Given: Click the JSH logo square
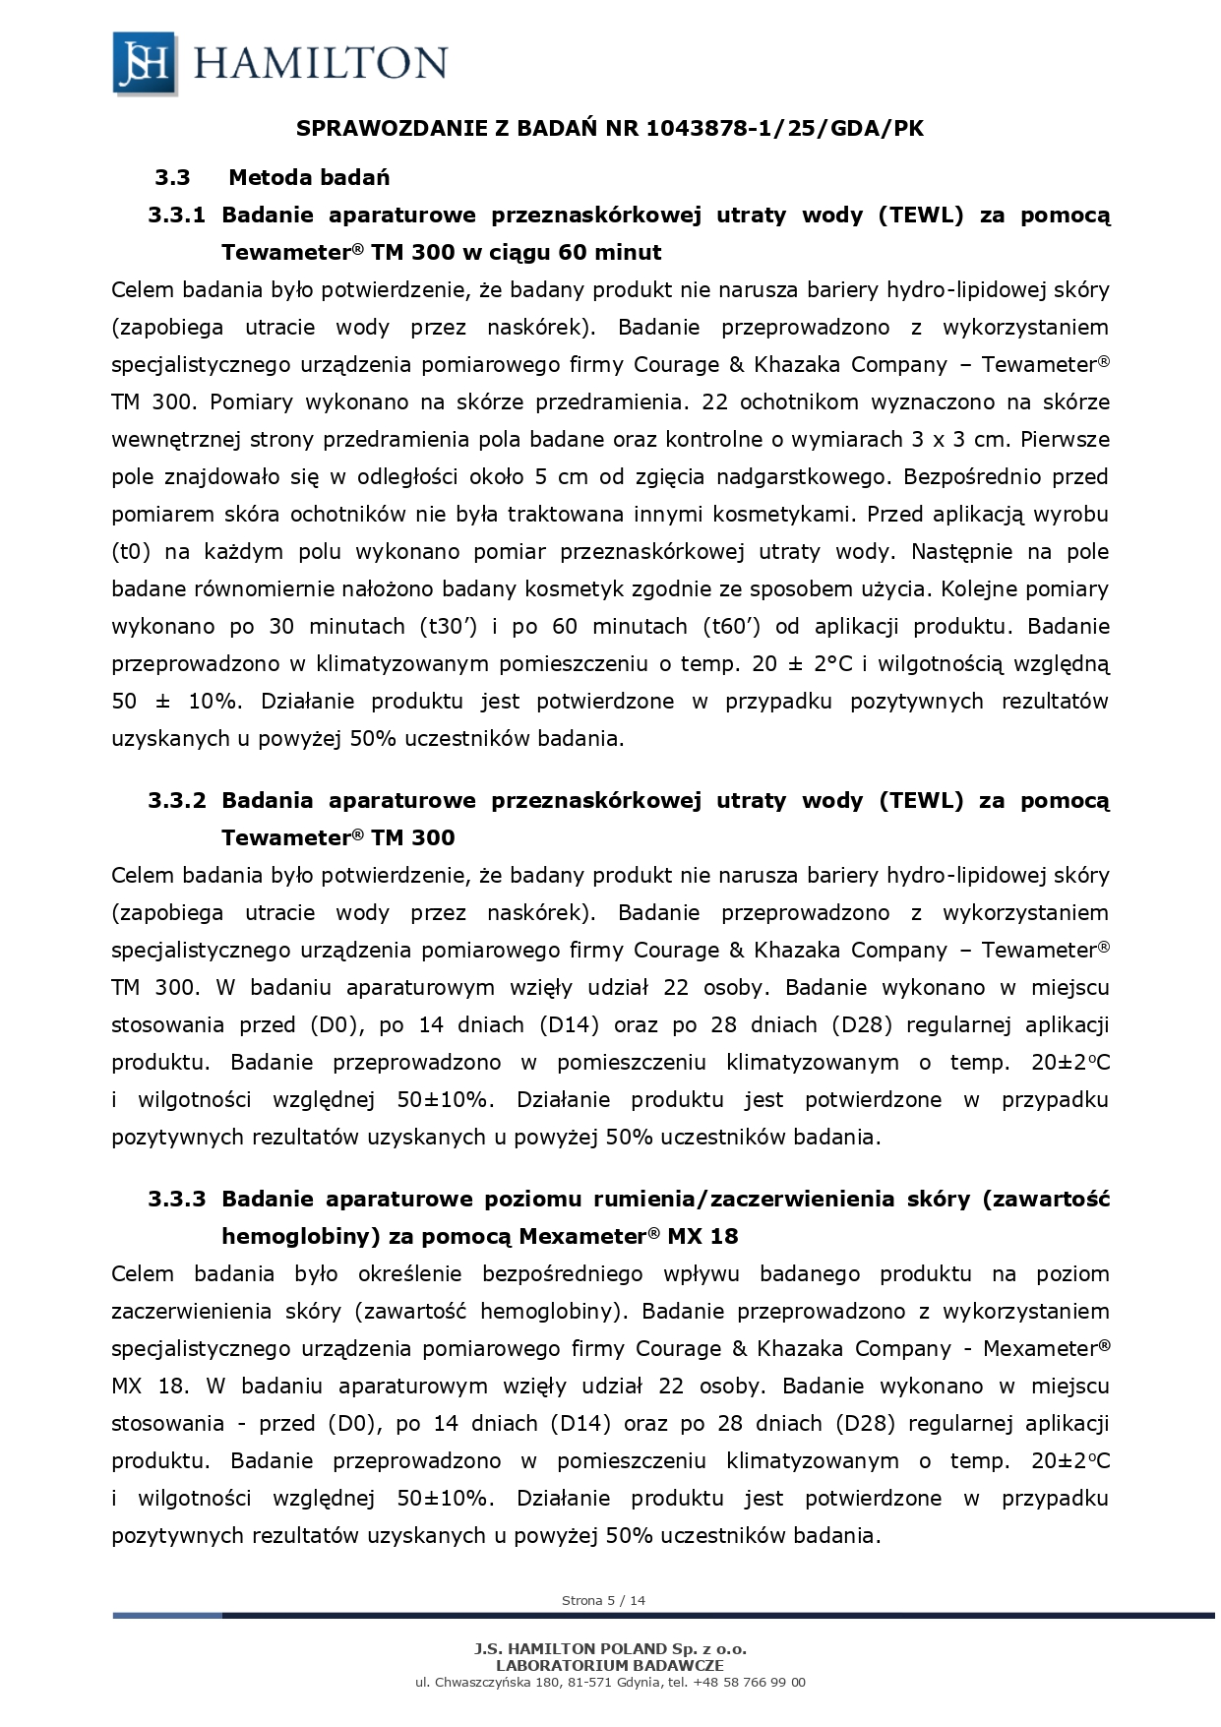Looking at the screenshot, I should click(x=145, y=63).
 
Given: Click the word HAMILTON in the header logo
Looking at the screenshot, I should click(x=321, y=64).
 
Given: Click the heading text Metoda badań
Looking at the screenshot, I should click(x=309, y=178).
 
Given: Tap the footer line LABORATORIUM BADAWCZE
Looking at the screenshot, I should click(x=610, y=1666).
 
